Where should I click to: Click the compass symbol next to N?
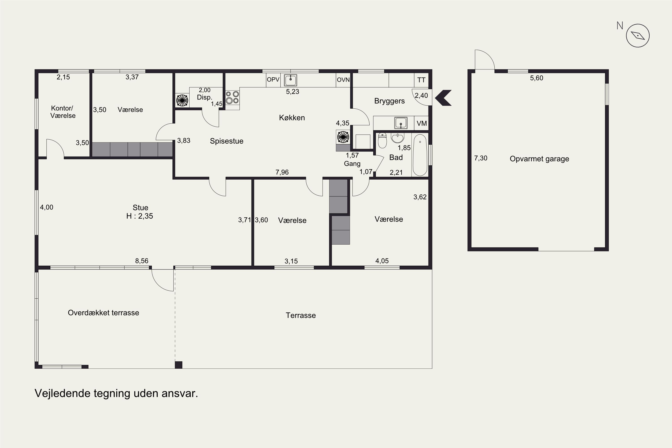pyautogui.click(x=638, y=36)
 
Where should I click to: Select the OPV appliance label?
pyautogui.click(x=273, y=80)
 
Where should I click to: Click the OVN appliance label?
pyautogui.click(x=343, y=80)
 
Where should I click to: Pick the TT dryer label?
pyautogui.click(x=421, y=80)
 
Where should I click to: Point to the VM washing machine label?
pyautogui.click(x=422, y=123)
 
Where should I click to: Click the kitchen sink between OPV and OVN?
pyautogui.click(x=291, y=80)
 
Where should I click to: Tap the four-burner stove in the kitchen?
pyautogui.click(x=232, y=97)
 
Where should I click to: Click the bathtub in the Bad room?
pyautogui.click(x=420, y=155)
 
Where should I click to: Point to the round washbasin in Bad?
pyautogui.click(x=397, y=138)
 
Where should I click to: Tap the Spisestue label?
pyautogui.click(x=226, y=141)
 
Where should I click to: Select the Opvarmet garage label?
pyautogui.click(x=539, y=159)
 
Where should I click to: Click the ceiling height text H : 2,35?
pyautogui.click(x=140, y=216)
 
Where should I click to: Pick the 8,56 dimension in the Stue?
pyautogui.click(x=142, y=261)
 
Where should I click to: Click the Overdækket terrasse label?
pyautogui.click(x=103, y=313)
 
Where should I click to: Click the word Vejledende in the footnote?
pyautogui.click(x=62, y=393)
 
